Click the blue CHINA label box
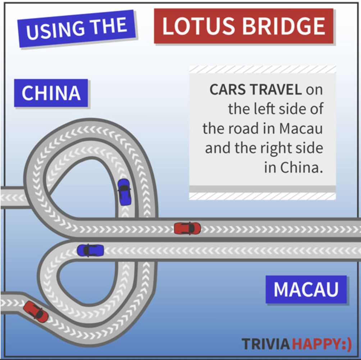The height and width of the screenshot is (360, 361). pyautogui.click(x=51, y=93)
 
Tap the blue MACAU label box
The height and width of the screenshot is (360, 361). pyautogui.click(x=306, y=289)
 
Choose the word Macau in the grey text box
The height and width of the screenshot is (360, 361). pyautogui.click(x=301, y=129)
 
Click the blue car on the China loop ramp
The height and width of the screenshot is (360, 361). pyautogui.click(x=124, y=192)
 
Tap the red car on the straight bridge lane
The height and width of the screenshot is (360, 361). pyautogui.click(x=187, y=228)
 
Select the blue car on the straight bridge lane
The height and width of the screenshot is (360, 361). pyautogui.click(x=90, y=251)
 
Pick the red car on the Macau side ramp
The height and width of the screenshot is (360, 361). pyautogui.click(x=36, y=312)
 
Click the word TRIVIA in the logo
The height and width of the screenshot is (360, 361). pyautogui.click(x=266, y=344)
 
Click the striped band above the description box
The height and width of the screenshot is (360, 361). pyautogui.click(x=262, y=69)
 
